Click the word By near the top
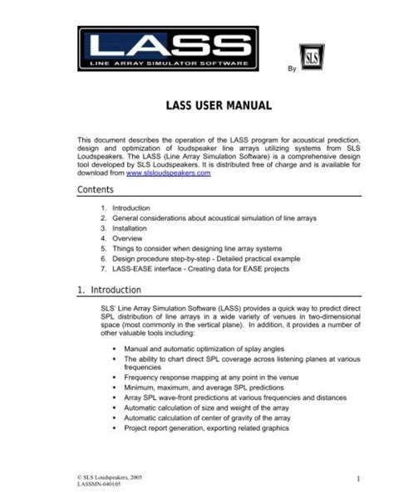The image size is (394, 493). pyautogui.click(x=291, y=71)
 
